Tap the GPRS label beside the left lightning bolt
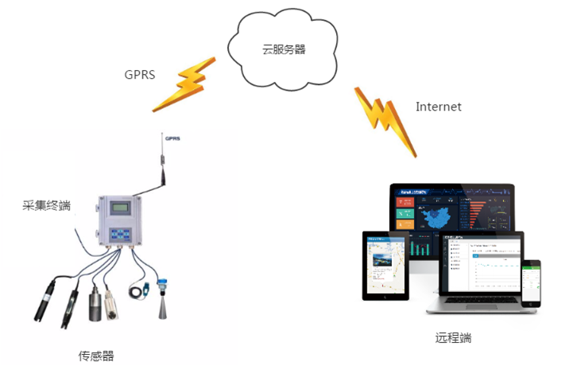[139, 75]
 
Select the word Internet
[438, 107]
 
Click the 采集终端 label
[47, 206]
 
